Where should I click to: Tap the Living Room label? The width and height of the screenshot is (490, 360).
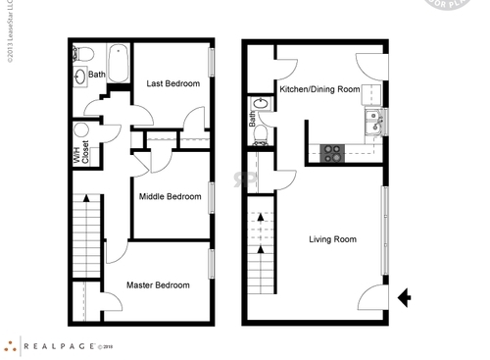pyautogui.click(x=332, y=239)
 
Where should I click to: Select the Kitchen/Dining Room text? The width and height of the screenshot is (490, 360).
pyautogui.click(x=318, y=89)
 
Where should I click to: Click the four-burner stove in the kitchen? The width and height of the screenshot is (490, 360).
pyautogui.click(x=332, y=153)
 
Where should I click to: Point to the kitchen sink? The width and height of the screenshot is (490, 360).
pyautogui.click(x=374, y=123)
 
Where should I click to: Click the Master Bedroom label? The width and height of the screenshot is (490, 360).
pyautogui.click(x=158, y=285)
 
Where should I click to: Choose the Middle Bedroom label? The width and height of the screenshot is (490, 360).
pyautogui.click(x=170, y=196)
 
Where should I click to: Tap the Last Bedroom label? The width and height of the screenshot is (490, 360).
pyautogui.click(x=172, y=84)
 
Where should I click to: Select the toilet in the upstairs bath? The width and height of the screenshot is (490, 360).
pyautogui.click(x=83, y=54)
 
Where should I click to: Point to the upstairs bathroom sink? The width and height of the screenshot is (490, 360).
pyautogui.click(x=78, y=75)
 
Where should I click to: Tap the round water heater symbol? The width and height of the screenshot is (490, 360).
pyautogui.click(x=81, y=130)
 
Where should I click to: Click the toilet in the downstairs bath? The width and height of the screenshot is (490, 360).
pyautogui.click(x=262, y=138)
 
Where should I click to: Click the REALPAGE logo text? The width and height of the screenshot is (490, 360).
pyautogui.click(x=59, y=345)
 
